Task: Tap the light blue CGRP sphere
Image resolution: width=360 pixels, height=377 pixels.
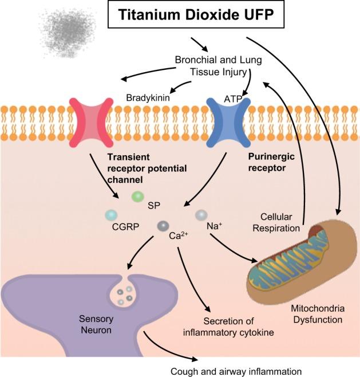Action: (111, 215)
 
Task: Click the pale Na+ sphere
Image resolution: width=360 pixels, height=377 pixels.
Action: (201, 215)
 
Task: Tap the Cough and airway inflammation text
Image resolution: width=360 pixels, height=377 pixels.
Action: (236, 370)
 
